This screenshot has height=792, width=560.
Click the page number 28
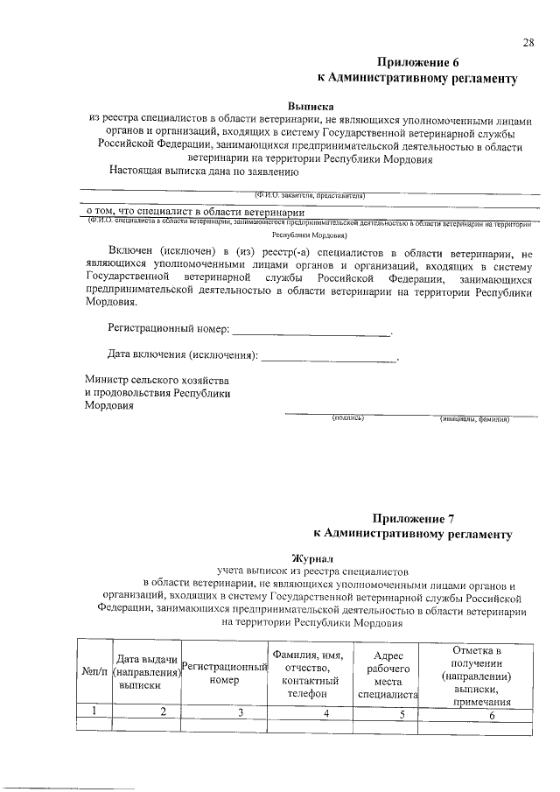tap(528, 43)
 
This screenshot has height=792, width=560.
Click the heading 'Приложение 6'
tap(417, 62)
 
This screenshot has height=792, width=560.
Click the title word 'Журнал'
tap(311, 557)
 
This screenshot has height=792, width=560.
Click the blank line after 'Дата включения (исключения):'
tap(330, 357)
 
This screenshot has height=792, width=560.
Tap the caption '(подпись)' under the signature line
tap(347, 418)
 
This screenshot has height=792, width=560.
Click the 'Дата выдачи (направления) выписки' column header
tap(147, 672)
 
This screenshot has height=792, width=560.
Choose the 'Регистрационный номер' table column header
tap(224, 674)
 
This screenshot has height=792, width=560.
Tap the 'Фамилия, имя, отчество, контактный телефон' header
tap(307, 673)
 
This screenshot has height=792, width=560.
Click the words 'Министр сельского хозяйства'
tap(157, 380)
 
